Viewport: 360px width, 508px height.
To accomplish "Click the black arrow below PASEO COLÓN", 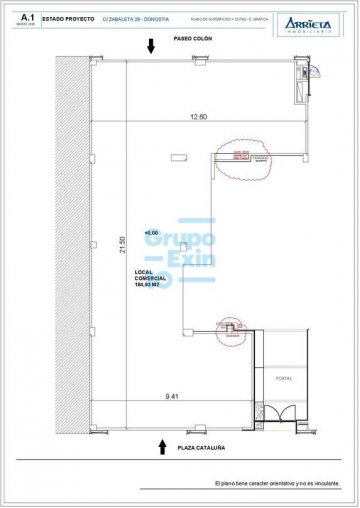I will tap(150, 46).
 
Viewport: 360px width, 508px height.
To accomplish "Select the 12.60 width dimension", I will tap(197, 118).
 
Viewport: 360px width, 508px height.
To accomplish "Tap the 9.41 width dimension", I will tap(174, 397).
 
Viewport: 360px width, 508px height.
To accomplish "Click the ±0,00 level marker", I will tap(152, 233).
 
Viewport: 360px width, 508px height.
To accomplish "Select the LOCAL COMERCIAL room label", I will tap(149, 275).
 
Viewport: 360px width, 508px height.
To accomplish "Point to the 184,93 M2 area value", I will tap(149, 289).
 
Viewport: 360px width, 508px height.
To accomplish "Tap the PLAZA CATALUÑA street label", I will tap(199, 448).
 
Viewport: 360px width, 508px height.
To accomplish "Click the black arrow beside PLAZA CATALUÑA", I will tap(162, 446).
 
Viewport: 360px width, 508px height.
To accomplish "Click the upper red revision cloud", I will tap(239, 156).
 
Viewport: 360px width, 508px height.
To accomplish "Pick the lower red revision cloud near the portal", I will tap(230, 331).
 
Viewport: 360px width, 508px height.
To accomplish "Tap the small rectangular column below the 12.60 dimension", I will tap(179, 156).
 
